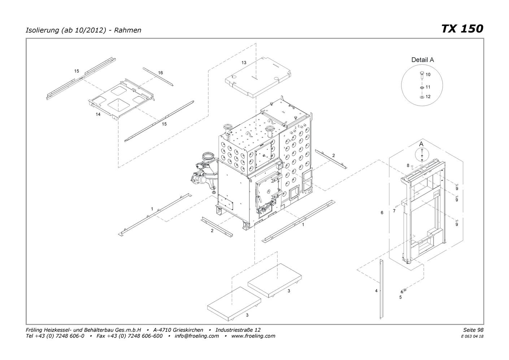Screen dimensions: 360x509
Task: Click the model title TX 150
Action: point(462,29)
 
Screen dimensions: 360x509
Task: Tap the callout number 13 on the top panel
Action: point(244,62)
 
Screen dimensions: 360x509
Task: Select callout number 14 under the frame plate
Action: point(98,114)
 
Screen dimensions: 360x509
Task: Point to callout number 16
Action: point(160,73)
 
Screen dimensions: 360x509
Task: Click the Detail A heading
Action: point(422,60)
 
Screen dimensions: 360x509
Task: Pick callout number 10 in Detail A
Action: point(428,75)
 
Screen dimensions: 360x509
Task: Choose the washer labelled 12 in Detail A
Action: point(422,97)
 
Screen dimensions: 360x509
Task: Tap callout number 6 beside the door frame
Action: point(382,213)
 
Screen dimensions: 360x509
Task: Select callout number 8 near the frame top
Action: point(408,165)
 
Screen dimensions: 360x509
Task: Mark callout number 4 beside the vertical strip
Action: point(376,291)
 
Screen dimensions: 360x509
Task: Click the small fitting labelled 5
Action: point(403,290)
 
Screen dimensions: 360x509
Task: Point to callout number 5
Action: point(400,297)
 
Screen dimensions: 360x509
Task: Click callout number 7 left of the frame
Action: point(394,211)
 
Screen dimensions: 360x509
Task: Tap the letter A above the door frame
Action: point(421,144)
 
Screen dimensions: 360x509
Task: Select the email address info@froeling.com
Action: point(196,336)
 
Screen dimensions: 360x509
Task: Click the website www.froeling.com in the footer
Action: point(253,336)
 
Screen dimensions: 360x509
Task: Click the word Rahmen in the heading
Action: point(127,30)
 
